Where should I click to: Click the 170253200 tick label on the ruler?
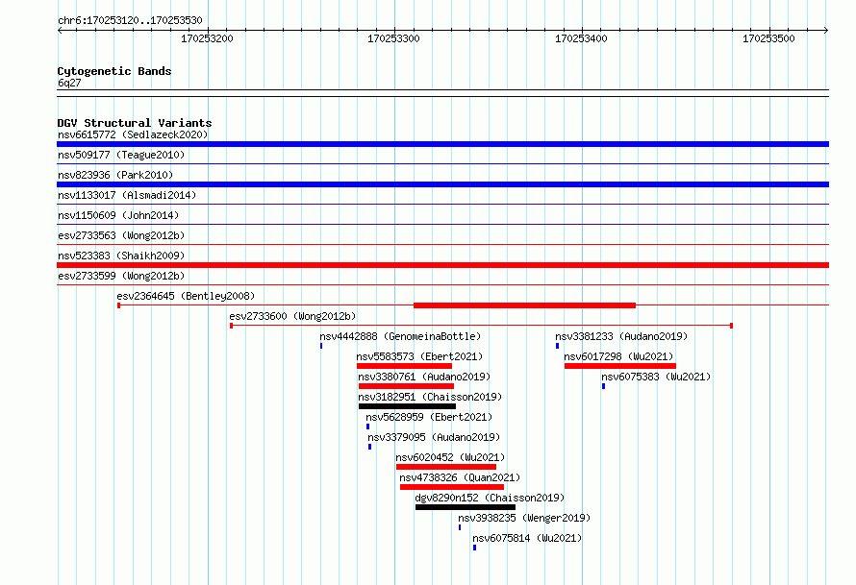pyautogui.click(x=207, y=38)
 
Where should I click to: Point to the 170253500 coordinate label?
pyautogui.click(x=768, y=38)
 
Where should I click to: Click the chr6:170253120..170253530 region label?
pyautogui.click(x=130, y=21)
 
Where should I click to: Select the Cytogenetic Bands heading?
pyautogui.click(x=114, y=71)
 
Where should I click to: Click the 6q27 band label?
pyautogui.click(x=69, y=83)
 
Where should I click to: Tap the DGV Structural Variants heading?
pyautogui.click(x=135, y=123)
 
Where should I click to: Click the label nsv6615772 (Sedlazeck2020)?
pyautogui.click(x=133, y=134)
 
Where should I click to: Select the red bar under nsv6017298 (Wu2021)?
pyautogui.click(x=620, y=366)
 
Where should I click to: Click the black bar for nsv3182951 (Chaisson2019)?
pyautogui.click(x=407, y=406)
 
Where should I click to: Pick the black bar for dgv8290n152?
pyautogui.click(x=466, y=507)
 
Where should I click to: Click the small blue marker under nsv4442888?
pyautogui.click(x=321, y=346)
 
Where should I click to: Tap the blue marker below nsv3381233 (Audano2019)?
pyautogui.click(x=558, y=346)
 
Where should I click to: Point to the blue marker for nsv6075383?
pyautogui.click(x=603, y=386)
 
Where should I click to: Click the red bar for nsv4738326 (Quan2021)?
pyautogui.click(x=452, y=487)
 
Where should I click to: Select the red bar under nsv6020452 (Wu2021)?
pyautogui.click(x=446, y=467)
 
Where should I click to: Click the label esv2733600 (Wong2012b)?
pyautogui.click(x=292, y=316)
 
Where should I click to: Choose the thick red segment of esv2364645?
pyautogui.click(x=524, y=305)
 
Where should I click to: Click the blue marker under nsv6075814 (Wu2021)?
pyautogui.click(x=474, y=548)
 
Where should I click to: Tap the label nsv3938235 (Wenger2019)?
pyautogui.click(x=524, y=518)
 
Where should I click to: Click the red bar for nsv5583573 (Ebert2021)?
pyautogui.click(x=405, y=366)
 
